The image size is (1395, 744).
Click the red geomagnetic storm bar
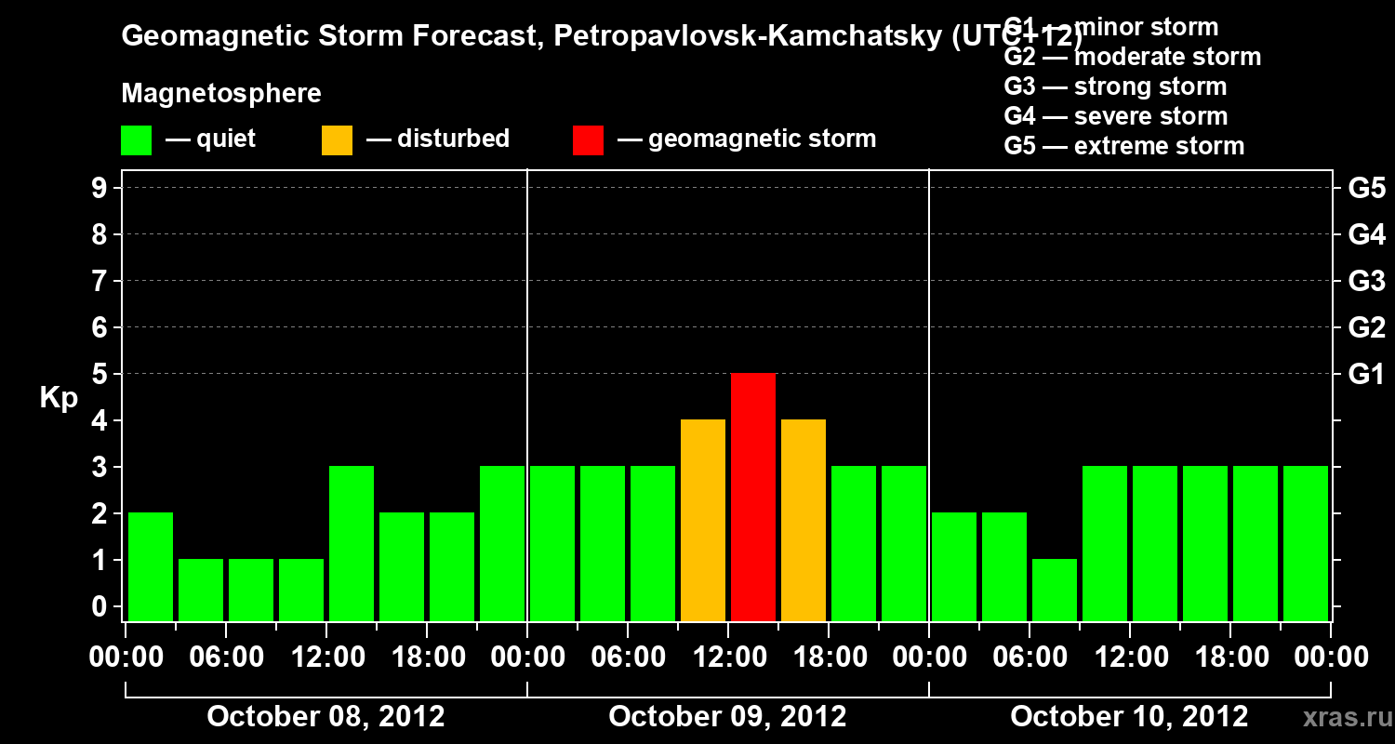[753, 497]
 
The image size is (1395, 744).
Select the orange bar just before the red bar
[703, 520]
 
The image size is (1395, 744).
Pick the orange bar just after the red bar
[804, 520]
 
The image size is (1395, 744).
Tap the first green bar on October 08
[151, 566]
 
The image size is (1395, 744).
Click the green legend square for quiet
[136, 139]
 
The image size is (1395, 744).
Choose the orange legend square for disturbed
[337, 139]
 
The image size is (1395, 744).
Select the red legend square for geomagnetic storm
[588, 139]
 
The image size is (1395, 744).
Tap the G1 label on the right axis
[1366, 374]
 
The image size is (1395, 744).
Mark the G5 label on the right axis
[1366, 188]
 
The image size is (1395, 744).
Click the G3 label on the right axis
[1366, 281]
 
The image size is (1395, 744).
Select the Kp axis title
[59, 398]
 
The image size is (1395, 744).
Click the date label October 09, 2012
[727, 716]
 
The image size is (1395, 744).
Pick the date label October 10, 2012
[1129, 716]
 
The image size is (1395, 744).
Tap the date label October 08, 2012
[325, 716]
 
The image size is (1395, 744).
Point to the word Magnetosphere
[221, 94]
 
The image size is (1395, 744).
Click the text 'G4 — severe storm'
[1116, 116]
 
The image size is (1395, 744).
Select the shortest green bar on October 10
[1055, 590]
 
